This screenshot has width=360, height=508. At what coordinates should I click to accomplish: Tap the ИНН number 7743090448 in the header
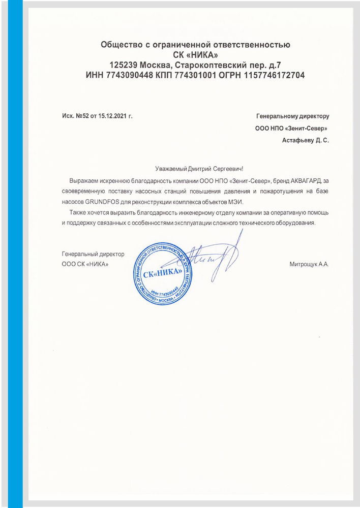pyautogui.click(x=129, y=75)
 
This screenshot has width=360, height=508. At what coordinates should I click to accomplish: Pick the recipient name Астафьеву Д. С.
pyautogui.click(x=305, y=139)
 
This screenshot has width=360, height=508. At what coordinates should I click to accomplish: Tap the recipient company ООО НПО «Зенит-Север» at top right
pyautogui.click(x=291, y=128)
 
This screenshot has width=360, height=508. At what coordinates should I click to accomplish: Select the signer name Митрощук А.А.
pyautogui.click(x=309, y=264)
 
